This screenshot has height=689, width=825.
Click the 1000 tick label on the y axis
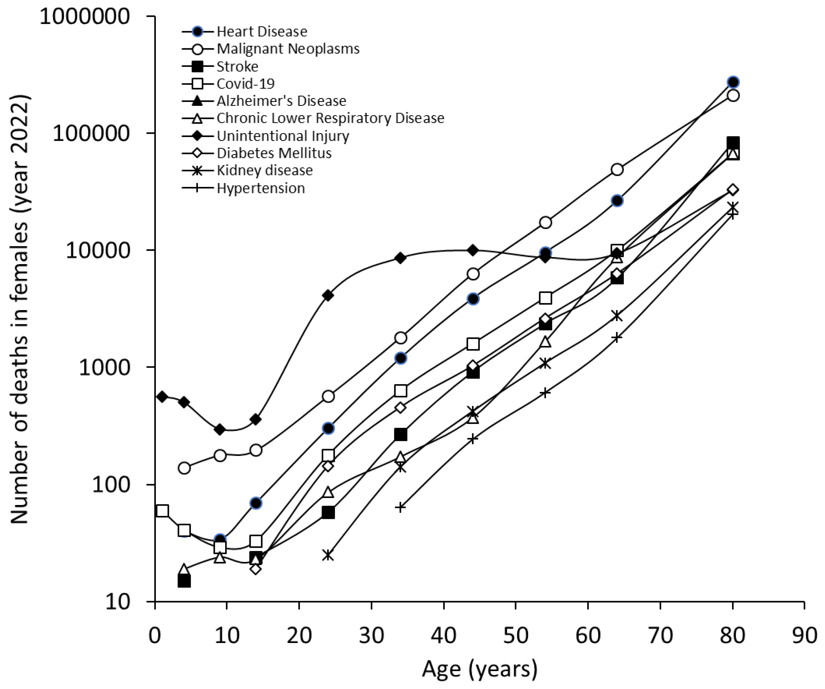104,368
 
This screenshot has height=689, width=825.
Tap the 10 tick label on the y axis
118,602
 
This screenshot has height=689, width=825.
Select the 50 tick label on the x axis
516,636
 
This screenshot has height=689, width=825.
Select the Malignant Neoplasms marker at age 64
617,170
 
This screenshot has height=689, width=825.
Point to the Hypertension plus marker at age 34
400,507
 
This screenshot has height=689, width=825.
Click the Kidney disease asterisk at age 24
328,555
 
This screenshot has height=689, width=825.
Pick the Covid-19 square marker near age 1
162,511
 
